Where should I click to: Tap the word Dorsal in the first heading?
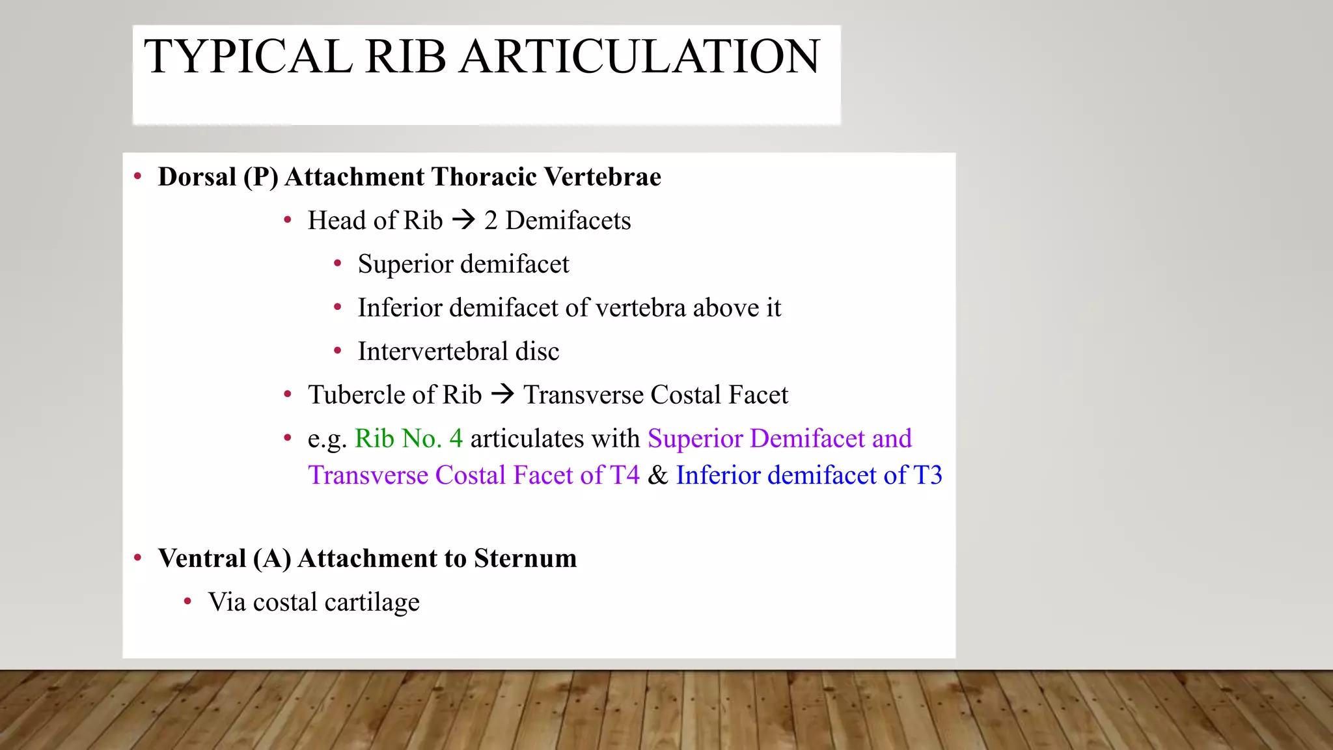tap(197, 177)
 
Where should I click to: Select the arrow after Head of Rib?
tap(463, 220)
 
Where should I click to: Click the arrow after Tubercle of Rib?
tap(502, 395)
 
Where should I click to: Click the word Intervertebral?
tap(433, 352)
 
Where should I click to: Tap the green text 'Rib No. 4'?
tap(409, 439)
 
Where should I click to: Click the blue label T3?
tap(928, 475)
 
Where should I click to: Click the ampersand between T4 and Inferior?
tap(657, 475)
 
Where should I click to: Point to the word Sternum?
tap(525, 559)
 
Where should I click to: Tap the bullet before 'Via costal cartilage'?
tap(187, 602)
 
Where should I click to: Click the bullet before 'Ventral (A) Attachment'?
tap(137, 558)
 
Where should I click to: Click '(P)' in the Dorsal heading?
tap(261, 177)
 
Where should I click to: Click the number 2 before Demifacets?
tap(491, 221)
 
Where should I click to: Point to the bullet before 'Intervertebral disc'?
tap(337, 351)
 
